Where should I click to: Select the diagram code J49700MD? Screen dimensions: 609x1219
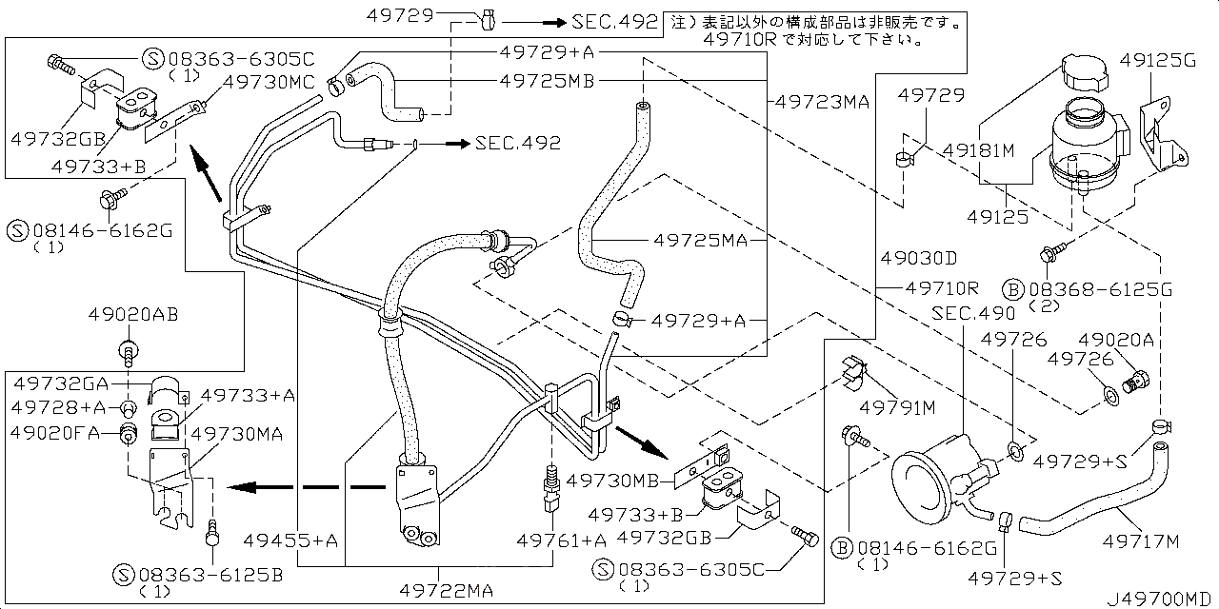1160,599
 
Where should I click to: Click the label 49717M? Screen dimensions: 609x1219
1140,542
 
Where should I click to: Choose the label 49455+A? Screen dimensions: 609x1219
298,540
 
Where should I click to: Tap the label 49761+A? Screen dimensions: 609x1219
561,540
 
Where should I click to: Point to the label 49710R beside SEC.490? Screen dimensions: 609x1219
942,286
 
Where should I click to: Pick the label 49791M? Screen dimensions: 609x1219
898,409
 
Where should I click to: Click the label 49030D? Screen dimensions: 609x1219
918,258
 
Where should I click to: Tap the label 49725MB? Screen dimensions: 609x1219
547,81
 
